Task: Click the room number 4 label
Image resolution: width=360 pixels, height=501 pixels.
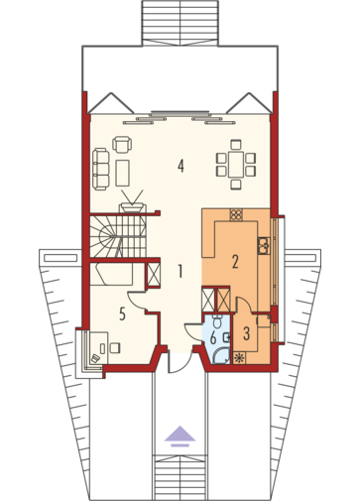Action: coord(180,166)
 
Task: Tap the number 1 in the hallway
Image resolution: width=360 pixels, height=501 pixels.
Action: coord(180,272)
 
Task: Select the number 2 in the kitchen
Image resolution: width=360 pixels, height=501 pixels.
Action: coord(235,262)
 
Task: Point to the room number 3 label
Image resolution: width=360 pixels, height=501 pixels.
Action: coord(246,333)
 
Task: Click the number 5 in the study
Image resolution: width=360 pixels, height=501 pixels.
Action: coord(122,313)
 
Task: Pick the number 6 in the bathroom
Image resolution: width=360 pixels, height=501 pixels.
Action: coord(213,338)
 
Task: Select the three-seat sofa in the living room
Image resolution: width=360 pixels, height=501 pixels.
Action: coord(100,170)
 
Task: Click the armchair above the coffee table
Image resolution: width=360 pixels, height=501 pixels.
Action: coord(122,145)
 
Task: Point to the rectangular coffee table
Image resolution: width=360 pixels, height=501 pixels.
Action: coord(122,173)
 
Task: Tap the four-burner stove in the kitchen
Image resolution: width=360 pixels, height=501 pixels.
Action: coord(236,215)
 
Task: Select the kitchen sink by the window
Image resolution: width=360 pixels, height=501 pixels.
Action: coord(264,245)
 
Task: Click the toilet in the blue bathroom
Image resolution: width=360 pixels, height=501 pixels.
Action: coord(217,321)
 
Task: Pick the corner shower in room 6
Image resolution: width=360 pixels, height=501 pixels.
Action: coord(221,356)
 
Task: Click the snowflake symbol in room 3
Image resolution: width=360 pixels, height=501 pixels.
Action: coord(239,358)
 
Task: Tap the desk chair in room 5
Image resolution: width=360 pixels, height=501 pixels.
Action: coord(114,347)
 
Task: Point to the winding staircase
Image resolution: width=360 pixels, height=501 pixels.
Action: coord(117,236)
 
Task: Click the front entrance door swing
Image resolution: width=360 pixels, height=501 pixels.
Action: coord(179,363)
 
